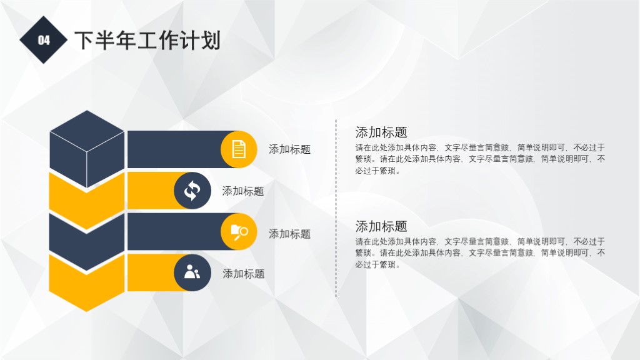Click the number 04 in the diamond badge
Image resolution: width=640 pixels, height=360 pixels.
43,41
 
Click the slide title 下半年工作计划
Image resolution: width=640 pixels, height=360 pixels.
147,41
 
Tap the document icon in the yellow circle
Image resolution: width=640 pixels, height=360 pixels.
239,149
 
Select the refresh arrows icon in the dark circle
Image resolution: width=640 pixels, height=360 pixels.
192,191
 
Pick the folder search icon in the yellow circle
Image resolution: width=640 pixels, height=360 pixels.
239,232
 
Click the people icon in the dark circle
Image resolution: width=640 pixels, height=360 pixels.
192,272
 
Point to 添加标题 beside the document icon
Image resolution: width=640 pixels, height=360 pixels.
289,149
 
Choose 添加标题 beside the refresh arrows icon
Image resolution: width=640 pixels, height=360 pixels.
243,191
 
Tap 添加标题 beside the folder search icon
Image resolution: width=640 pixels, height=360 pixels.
289,234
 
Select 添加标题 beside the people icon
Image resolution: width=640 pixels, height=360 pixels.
244,274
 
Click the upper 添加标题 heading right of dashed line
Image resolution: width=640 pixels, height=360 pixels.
381,132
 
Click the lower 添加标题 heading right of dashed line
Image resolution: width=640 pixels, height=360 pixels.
381,226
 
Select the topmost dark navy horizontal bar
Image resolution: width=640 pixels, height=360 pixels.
175,149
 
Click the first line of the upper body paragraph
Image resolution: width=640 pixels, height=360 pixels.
480,148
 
